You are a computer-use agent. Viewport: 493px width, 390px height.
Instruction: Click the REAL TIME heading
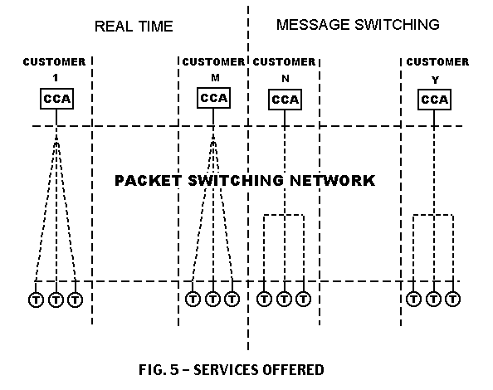point(134,26)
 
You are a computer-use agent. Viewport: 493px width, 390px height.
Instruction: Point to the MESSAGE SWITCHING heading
point(358,25)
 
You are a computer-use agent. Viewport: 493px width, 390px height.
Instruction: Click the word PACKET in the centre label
point(148,181)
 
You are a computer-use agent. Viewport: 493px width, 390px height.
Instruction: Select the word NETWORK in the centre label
point(332,181)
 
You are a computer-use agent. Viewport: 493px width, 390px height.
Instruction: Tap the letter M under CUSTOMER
point(215,78)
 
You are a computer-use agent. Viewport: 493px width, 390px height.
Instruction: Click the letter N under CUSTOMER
point(286,78)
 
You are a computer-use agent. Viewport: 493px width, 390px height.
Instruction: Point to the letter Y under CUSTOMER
point(435,80)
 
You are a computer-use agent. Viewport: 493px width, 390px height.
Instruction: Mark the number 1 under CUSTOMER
point(56,78)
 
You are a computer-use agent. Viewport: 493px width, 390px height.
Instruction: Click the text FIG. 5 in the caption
point(159,369)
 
